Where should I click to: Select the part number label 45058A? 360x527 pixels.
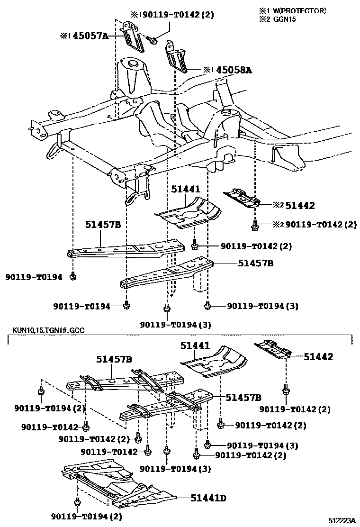click(x=234, y=70)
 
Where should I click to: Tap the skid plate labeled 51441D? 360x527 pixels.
click(x=118, y=483)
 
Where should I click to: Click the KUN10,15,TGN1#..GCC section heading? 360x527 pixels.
click(x=45, y=330)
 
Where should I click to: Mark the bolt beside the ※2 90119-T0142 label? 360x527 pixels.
click(x=255, y=225)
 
